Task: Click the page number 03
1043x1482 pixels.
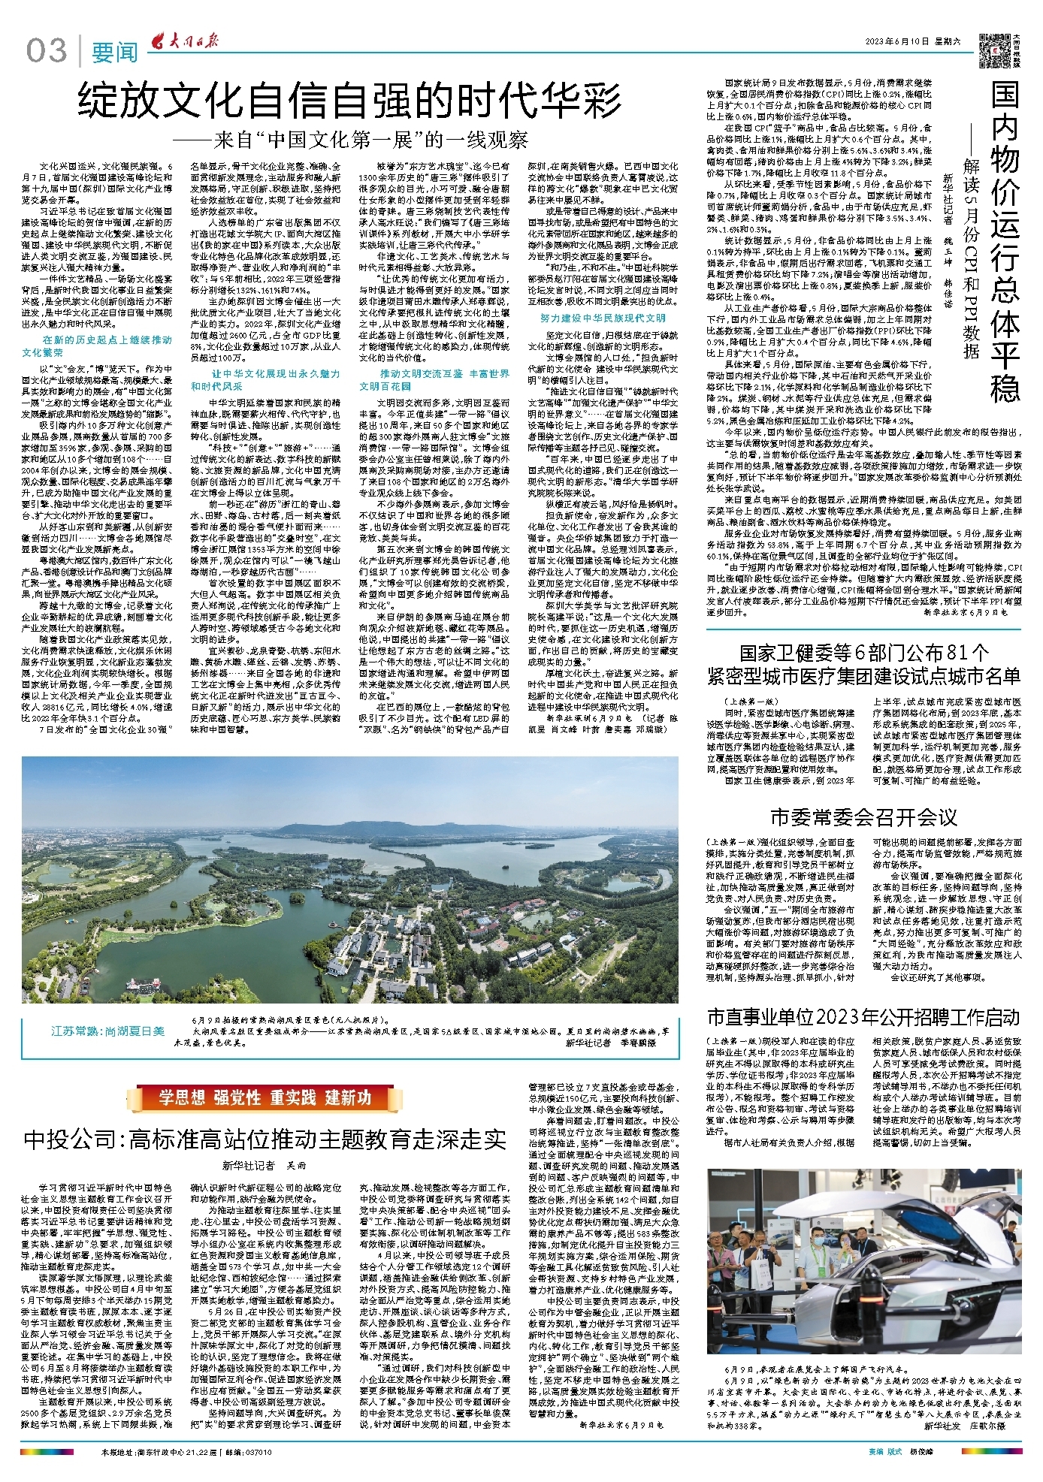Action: (x=47, y=51)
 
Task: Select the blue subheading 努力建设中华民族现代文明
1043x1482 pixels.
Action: (x=603, y=318)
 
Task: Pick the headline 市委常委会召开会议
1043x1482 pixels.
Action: (x=864, y=816)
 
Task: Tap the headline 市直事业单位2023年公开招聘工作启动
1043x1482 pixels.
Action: (x=863, y=1017)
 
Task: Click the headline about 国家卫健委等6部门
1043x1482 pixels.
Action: (x=863, y=663)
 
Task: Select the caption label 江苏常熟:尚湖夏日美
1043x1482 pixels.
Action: (x=107, y=1031)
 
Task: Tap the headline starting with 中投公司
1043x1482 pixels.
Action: (x=265, y=1139)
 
